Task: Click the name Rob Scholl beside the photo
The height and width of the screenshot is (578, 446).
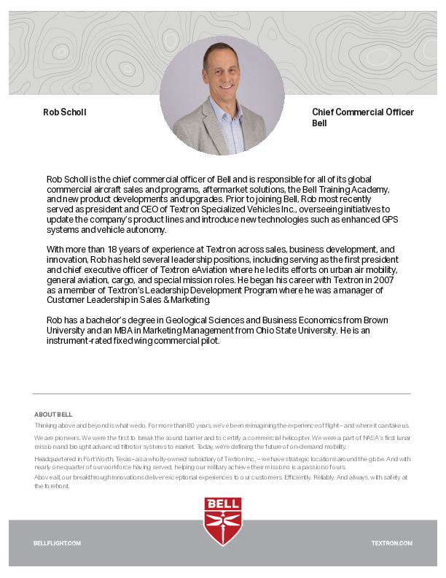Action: click(x=65, y=112)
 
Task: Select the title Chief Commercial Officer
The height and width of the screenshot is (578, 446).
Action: click(x=362, y=112)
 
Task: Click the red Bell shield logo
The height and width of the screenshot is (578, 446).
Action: click(x=222, y=521)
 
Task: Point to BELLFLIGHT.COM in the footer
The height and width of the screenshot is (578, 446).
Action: click(x=57, y=544)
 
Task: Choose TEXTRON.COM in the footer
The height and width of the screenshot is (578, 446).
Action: click(x=391, y=544)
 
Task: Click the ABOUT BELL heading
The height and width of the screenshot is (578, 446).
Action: click(x=53, y=415)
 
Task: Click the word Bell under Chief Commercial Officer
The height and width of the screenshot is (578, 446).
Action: click(x=319, y=123)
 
